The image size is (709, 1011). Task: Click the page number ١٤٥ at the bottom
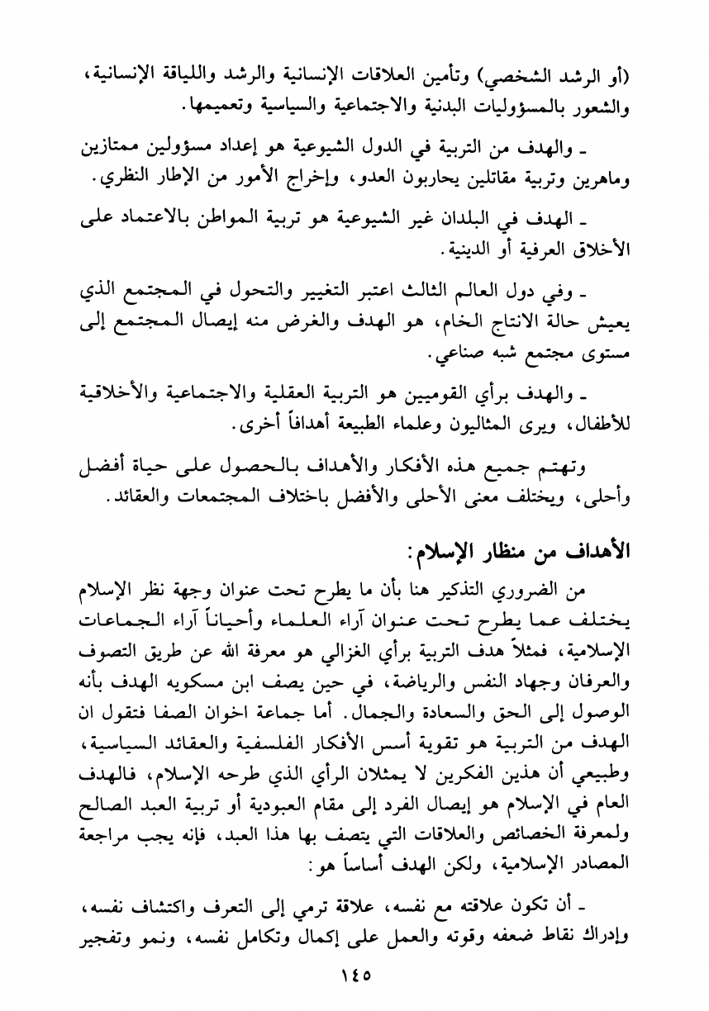(x=354, y=969)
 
